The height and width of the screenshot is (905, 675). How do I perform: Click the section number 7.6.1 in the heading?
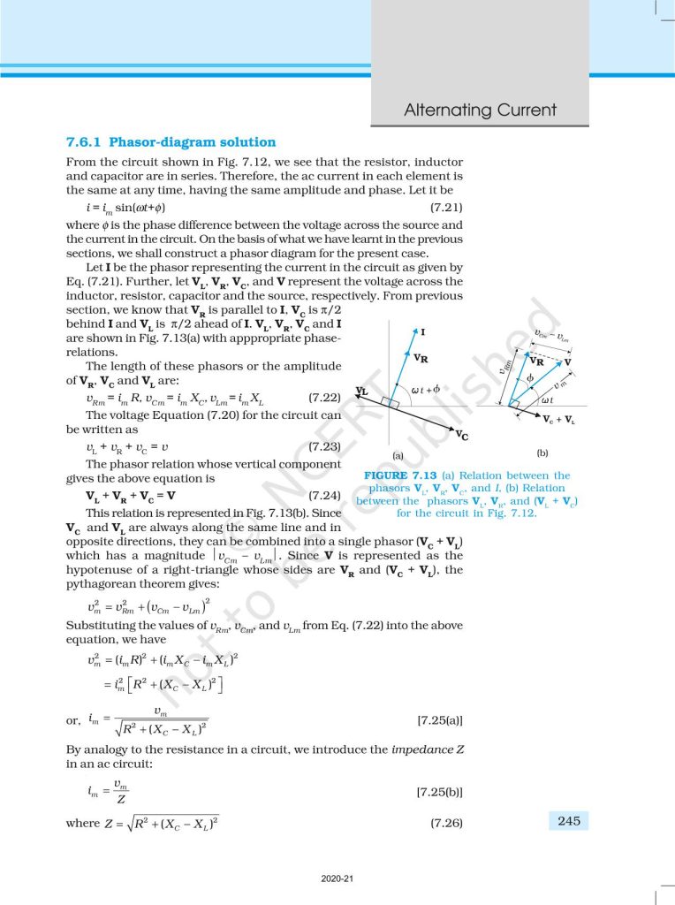[x=84, y=142]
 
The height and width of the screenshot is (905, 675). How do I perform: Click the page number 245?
[x=569, y=822]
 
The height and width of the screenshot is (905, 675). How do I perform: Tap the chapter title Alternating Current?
[x=480, y=110]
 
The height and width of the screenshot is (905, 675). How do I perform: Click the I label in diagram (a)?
[x=424, y=332]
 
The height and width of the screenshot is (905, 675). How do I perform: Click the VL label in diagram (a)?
[x=362, y=391]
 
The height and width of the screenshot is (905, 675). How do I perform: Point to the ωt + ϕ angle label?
[x=426, y=389]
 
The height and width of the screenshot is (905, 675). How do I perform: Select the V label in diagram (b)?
[x=567, y=362]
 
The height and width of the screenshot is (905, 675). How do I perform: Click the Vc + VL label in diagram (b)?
[x=559, y=420]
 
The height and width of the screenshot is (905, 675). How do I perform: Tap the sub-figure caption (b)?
[x=542, y=452]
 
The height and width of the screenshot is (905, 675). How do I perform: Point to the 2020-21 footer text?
[x=337, y=878]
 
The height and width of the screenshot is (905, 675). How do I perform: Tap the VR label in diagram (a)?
[x=421, y=359]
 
